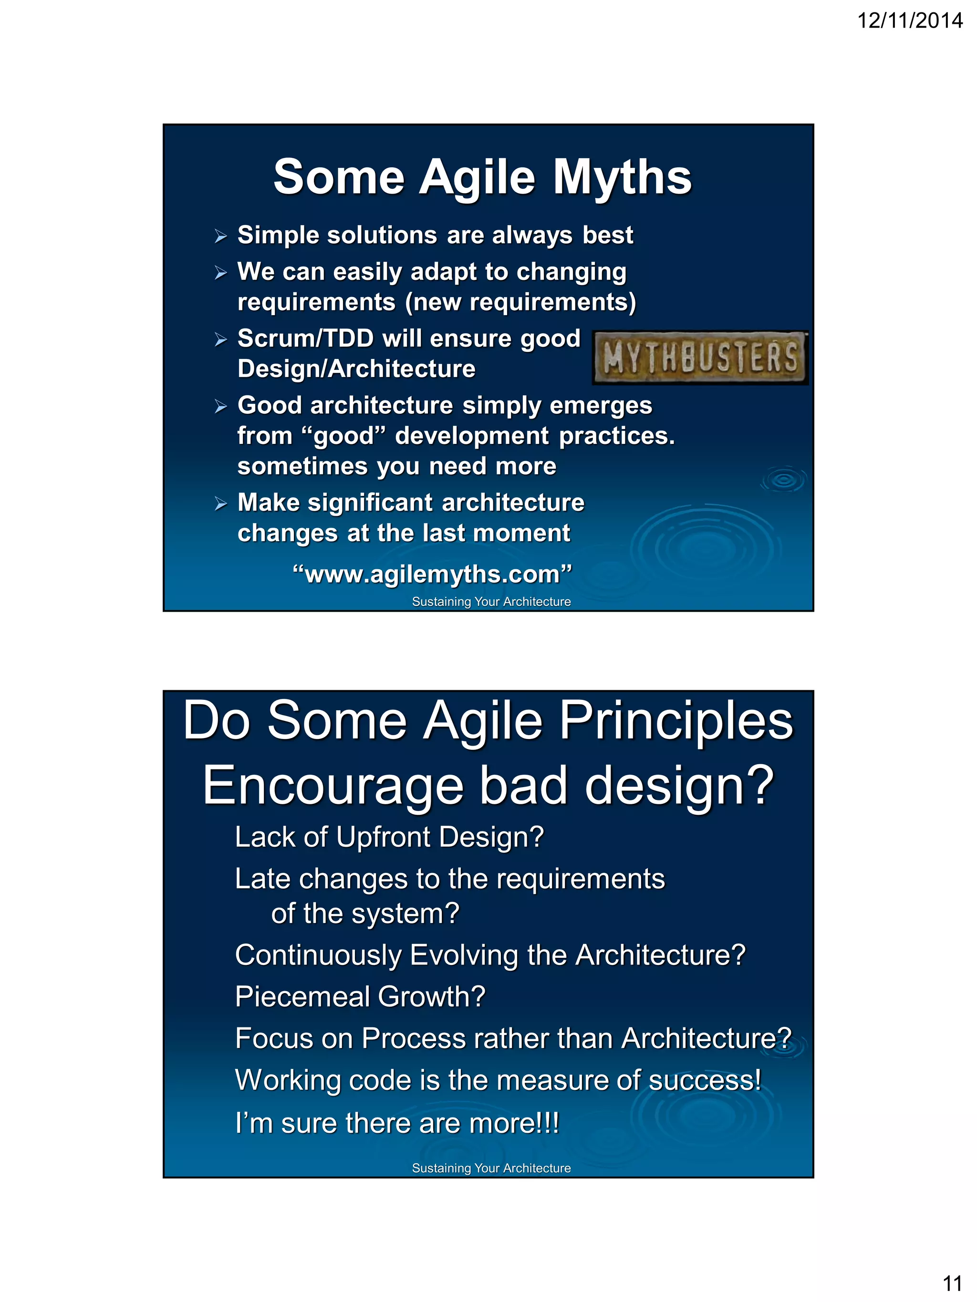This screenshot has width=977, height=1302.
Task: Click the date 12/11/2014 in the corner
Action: click(909, 21)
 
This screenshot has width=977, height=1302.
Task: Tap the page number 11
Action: click(952, 1282)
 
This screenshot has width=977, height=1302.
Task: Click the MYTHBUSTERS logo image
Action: click(700, 357)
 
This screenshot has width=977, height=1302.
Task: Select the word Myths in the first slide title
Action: click(622, 177)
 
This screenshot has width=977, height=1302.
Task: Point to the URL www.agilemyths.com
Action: click(432, 574)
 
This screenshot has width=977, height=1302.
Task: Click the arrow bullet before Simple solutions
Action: click(221, 236)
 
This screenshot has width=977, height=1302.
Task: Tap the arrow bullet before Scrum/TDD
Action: click(221, 339)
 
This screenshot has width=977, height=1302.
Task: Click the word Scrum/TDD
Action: click(306, 338)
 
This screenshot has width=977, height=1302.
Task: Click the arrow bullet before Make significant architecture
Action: click(221, 504)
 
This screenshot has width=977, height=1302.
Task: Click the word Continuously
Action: click(317, 955)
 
